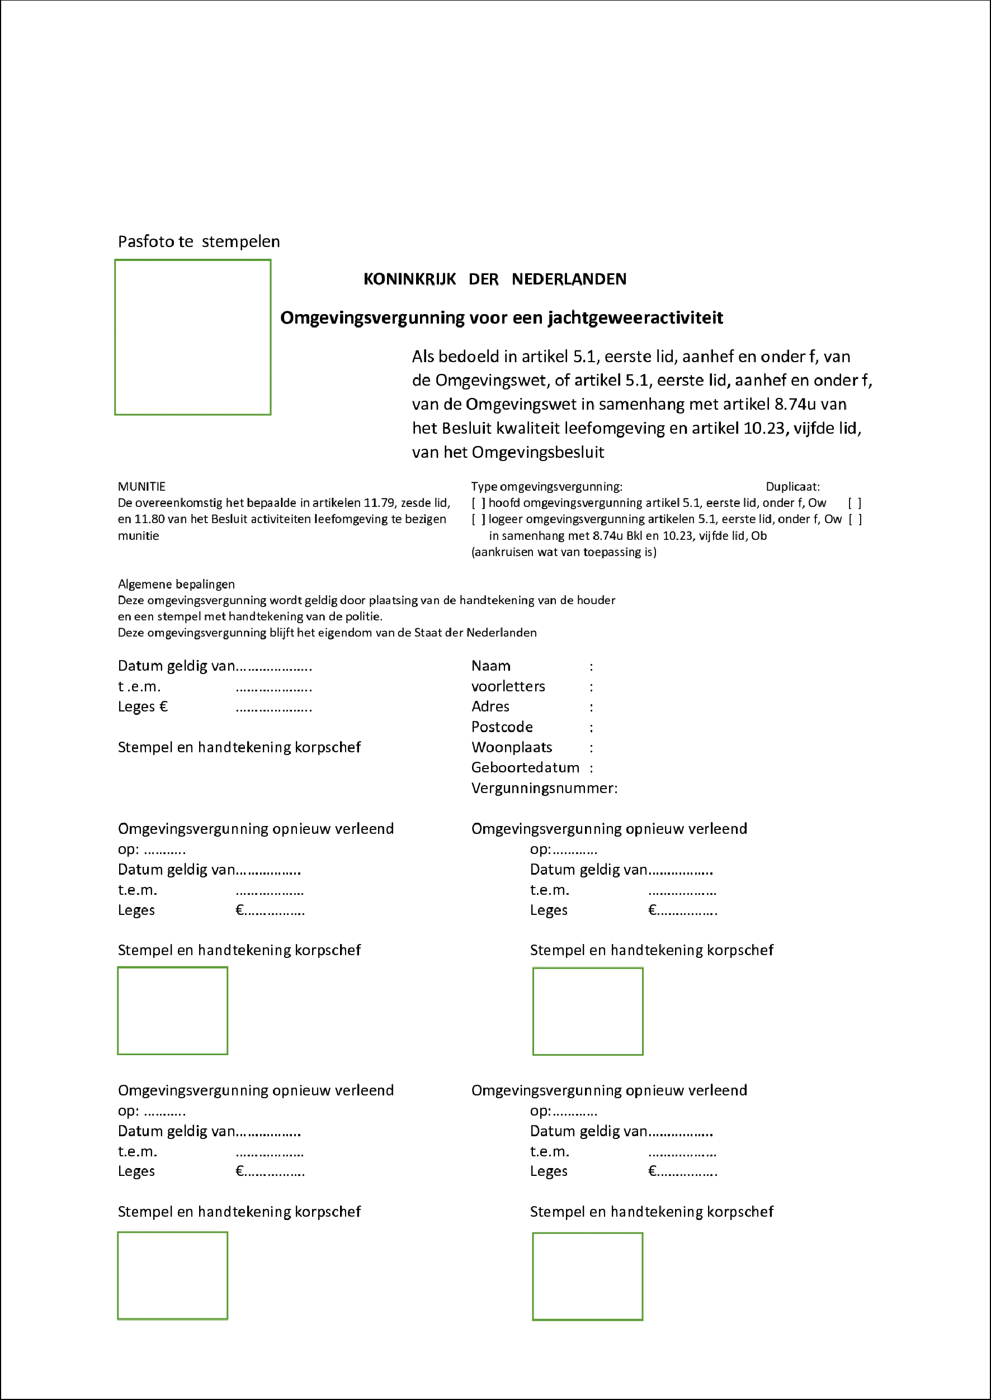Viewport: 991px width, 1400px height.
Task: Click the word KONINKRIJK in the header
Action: (409, 279)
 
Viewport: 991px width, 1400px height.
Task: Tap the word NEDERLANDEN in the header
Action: (569, 279)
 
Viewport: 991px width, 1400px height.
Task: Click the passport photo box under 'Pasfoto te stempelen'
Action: (193, 337)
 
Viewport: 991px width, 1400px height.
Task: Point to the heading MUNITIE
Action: (141, 487)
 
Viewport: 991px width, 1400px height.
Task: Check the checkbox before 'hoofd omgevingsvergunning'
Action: (479, 503)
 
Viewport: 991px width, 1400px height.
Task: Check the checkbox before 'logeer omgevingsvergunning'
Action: (479, 520)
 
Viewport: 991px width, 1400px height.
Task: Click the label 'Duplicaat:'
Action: (792, 487)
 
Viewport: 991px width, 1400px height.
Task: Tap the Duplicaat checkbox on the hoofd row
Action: (855, 503)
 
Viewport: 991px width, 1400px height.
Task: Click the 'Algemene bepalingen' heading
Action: (176, 584)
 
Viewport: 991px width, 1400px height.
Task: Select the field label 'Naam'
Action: (490, 666)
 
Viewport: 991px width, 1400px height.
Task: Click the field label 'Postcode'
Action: (502, 727)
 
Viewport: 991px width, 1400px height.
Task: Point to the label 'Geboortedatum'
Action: (525, 768)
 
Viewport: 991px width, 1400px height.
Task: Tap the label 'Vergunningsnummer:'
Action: (544, 788)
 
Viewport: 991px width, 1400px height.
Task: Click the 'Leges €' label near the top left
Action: (143, 707)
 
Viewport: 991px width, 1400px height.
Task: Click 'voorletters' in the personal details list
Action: (508, 686)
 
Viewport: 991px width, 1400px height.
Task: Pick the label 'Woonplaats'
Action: (511, 748)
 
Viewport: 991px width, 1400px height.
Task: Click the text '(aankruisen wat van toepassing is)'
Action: (564, 552)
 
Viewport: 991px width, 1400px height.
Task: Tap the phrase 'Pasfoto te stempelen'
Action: (199, 241)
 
